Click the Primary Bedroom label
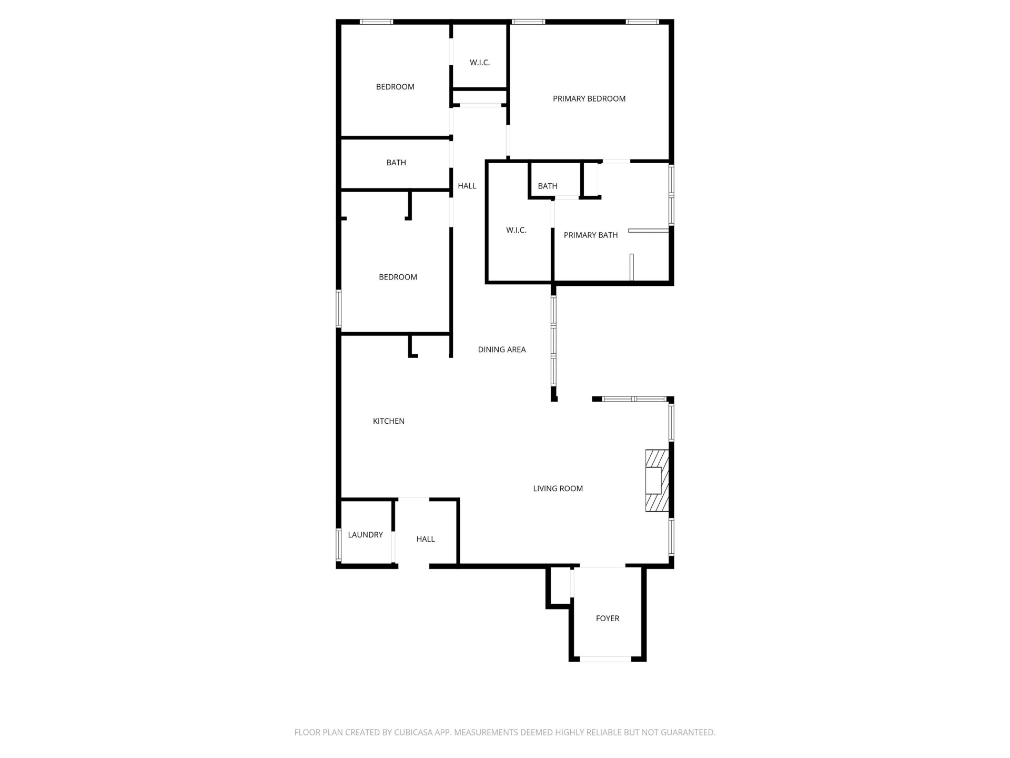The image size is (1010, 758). pyautogui.click(x=589, y=98)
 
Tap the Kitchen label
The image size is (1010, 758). pyautogui.click(x=389, y=421)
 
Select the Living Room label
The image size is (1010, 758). pyautogui.click(x=558, y=488)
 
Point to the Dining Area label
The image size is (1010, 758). pyautogui.click(x=502, y=350)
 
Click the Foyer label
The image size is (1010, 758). pyautogui.click(x=608, y=619)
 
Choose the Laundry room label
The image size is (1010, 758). pyautogui.click(x=366, y=535)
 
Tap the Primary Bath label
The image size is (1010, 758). pyautogui.click(x=591, y=235)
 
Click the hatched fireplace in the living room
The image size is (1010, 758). pyautogui.click(x=657, y=480)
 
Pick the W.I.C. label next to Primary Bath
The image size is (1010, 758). pyautogui.click(x=516, y=230)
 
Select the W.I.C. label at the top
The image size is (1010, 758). pyautogui.click(x=480, y=63)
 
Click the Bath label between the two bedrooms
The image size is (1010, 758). pyautogui.click(x=396, y=163)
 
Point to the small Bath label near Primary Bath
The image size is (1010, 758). pyautogui.click(x=548, y=186)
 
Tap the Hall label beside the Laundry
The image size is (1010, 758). pyautogui.click(x=426, y=539)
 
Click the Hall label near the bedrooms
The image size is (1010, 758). pyautogui.click(x=467, y=186)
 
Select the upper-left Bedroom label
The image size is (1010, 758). pyautogui.click(x=395, y=87)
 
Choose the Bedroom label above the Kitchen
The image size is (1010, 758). pyautogui.click(x=398, y=277)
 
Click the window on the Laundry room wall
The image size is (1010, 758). pyautogui.click(x=339, y=545)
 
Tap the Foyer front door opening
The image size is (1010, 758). pyautogui.click(x=605, y=659)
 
